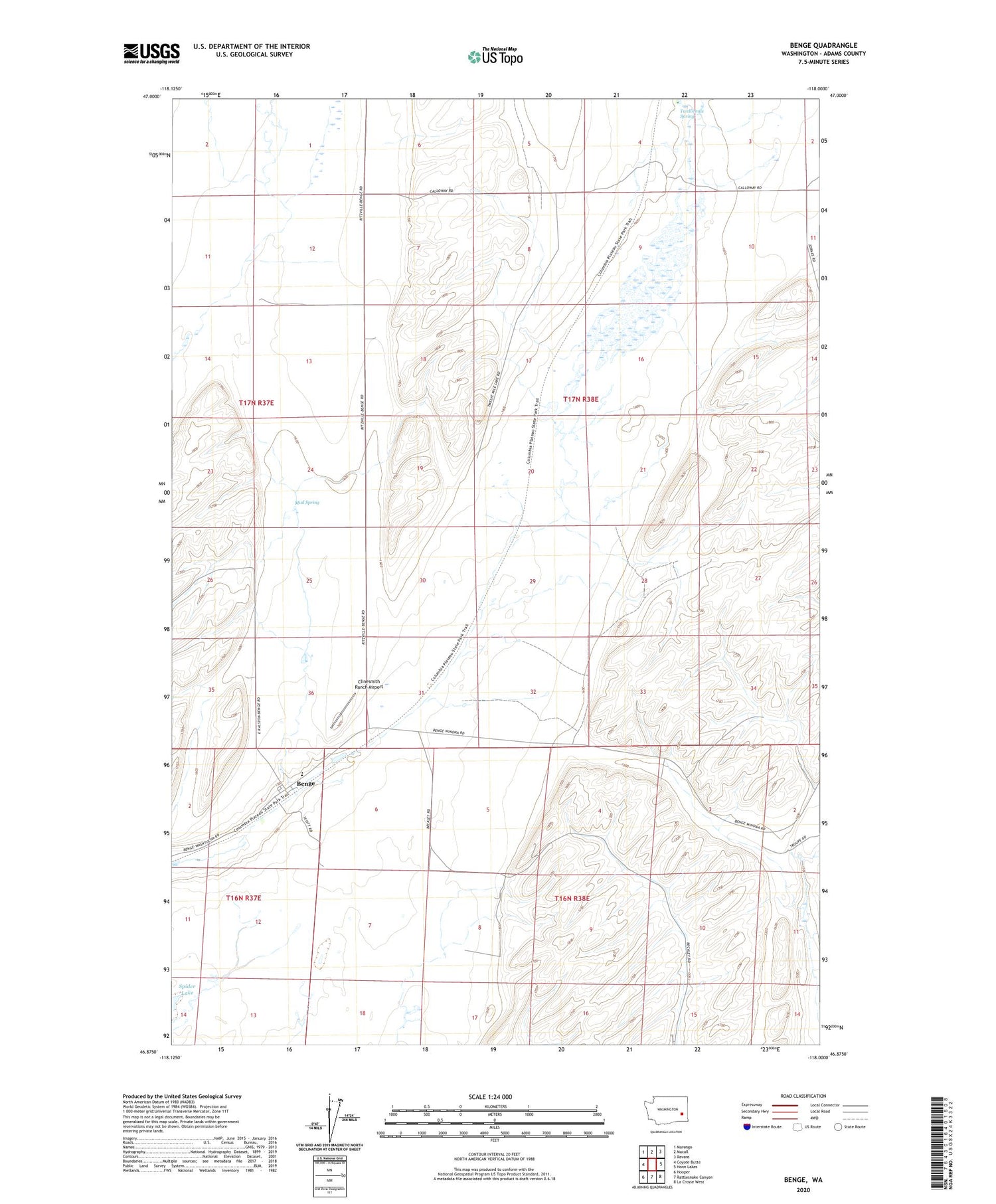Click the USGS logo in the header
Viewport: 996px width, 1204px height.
click(x=151, y=53)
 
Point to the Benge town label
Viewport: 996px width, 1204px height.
click(x=305, y=784)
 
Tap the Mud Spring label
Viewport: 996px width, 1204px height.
click(x=307, y=503)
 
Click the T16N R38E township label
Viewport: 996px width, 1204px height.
click(x=572, y=899)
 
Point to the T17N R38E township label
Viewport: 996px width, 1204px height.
click(x=581, y=399)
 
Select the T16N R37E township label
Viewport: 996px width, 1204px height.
click(x=244, y=898)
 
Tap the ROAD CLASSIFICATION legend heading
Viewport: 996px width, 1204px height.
click(x=803, y=1096)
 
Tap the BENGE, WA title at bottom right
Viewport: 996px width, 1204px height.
click(x=803, y=1179)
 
